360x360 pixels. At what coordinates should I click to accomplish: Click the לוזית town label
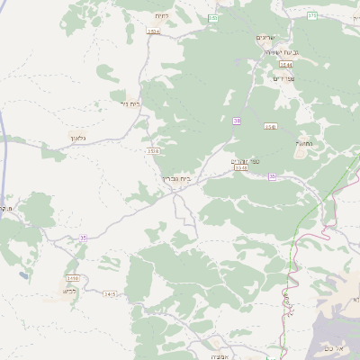click(161, 15)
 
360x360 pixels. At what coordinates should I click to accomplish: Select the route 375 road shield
click(311, 15)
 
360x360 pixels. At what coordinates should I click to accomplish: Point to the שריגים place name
click(265, 38)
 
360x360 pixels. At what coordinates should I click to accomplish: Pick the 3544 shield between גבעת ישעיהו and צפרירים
click(285, 65)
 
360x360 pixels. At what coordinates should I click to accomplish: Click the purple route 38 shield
click(237, 121)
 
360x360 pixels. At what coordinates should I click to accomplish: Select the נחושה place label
click(303, 143)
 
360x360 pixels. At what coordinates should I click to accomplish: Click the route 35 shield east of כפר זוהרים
click(272, 176)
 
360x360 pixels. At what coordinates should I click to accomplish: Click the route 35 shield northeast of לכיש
click(83, 238)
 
